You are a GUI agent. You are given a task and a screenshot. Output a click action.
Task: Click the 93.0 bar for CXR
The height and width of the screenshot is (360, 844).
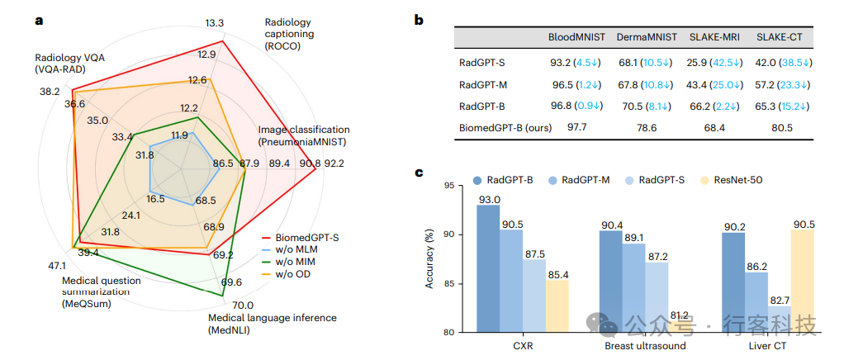(x=488, y=268)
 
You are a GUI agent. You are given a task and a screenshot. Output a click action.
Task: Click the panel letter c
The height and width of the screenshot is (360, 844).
(x=419, y=173)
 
